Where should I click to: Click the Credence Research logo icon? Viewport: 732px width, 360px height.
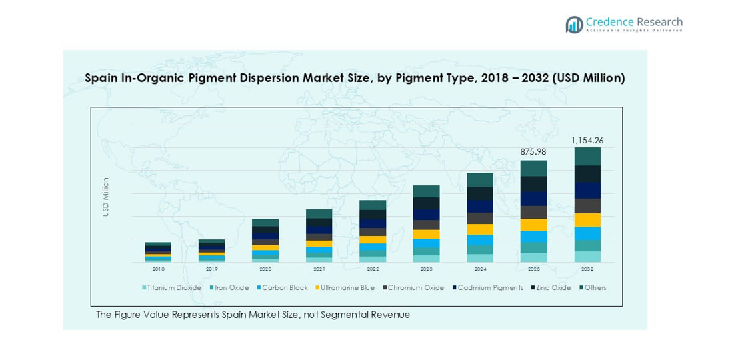point(574,25)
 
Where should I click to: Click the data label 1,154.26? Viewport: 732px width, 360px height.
point(587,141)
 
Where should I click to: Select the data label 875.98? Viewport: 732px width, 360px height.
point(533,152)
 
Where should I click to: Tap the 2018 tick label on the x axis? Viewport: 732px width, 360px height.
point(158,269)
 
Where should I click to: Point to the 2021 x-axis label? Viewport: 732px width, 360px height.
point(319,269)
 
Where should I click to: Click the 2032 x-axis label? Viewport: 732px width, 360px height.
point(587,269)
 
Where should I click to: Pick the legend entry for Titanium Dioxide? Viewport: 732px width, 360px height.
point(171,288)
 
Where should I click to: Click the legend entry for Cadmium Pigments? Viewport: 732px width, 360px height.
point(487,288)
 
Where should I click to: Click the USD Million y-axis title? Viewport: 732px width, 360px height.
point(105,197)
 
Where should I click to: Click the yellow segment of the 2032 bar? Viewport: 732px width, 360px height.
point(587,220)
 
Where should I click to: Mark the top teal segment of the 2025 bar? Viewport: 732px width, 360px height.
point(533,168)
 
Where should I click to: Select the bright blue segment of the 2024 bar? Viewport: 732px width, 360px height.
point(480,240)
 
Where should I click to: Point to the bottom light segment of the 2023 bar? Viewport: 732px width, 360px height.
point(426,259)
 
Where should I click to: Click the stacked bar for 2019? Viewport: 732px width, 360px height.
point(211,251)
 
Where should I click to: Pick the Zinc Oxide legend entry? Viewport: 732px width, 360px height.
point(553,288)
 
